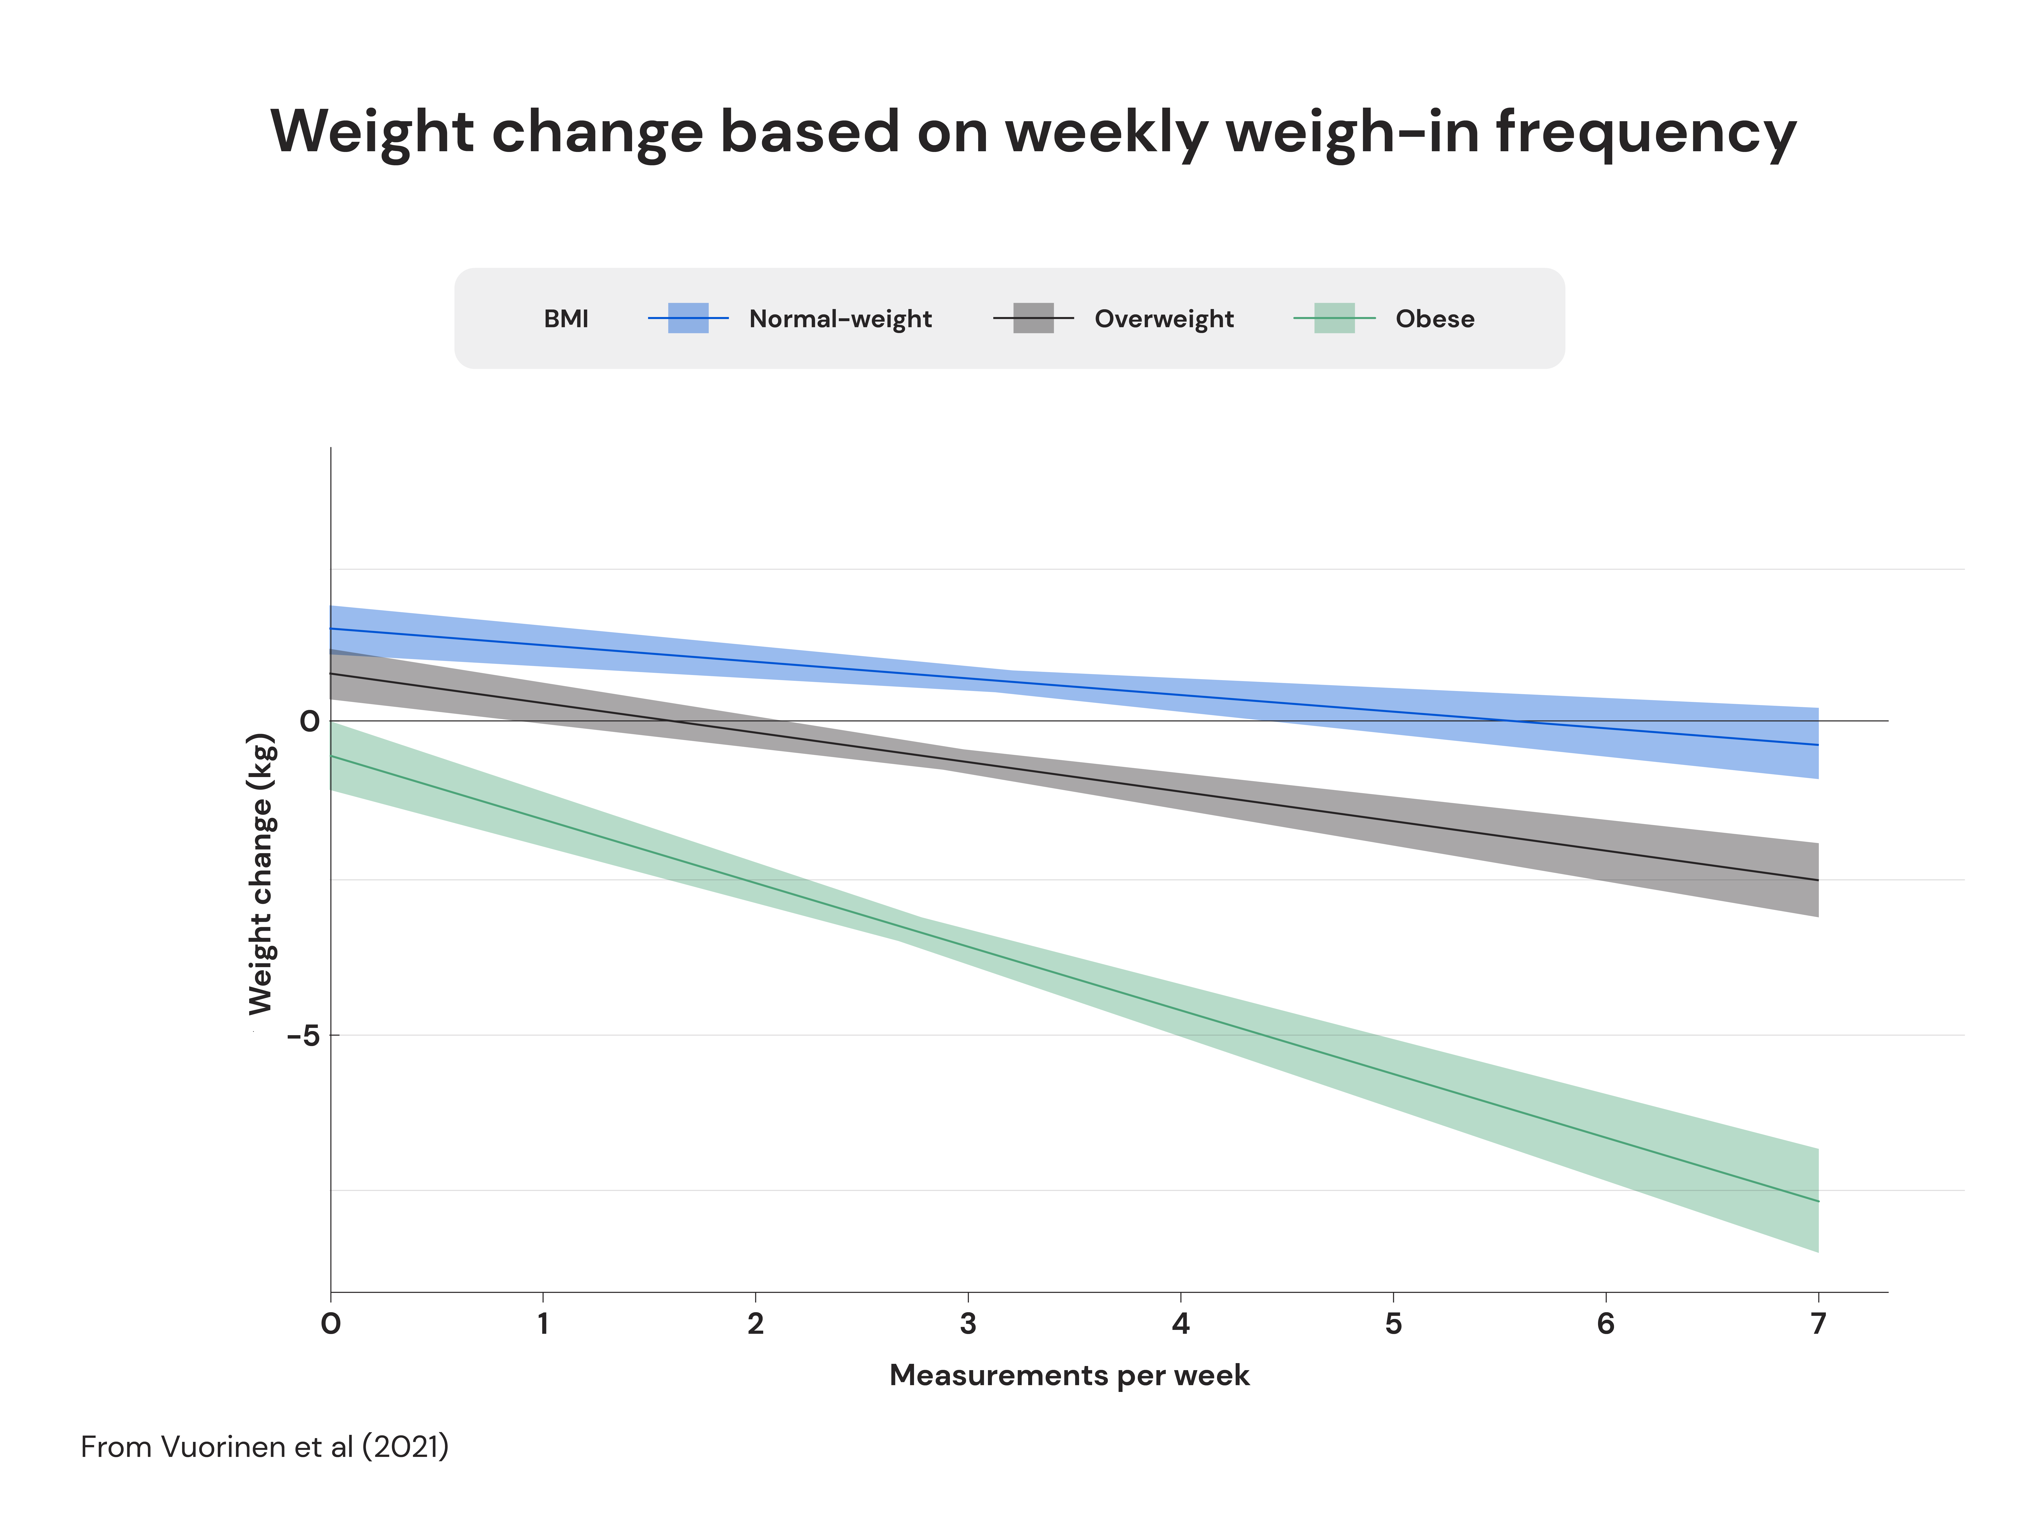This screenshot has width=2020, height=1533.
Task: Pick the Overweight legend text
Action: [x=1163, y=319]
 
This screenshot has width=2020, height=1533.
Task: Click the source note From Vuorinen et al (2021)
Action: [x=265, y=1447]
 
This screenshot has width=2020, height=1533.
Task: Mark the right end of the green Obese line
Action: [x=1817, y=1202]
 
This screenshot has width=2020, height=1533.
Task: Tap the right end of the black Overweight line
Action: [x=1817, y=880]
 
